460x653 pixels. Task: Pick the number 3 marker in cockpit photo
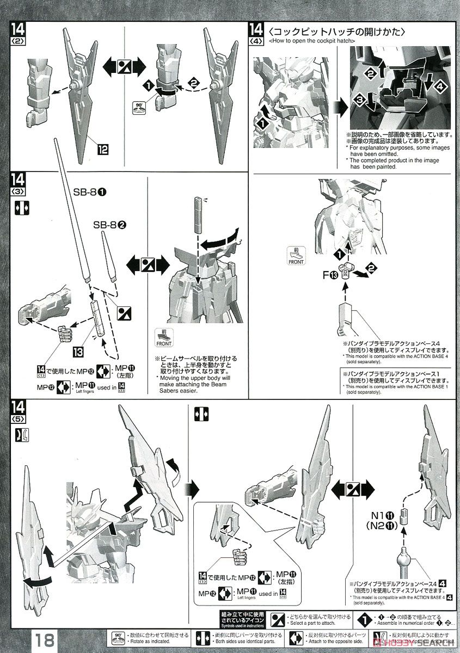point(358,100)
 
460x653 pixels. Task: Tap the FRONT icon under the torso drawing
point(163,338)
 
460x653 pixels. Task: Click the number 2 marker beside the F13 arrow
point(371,267)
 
